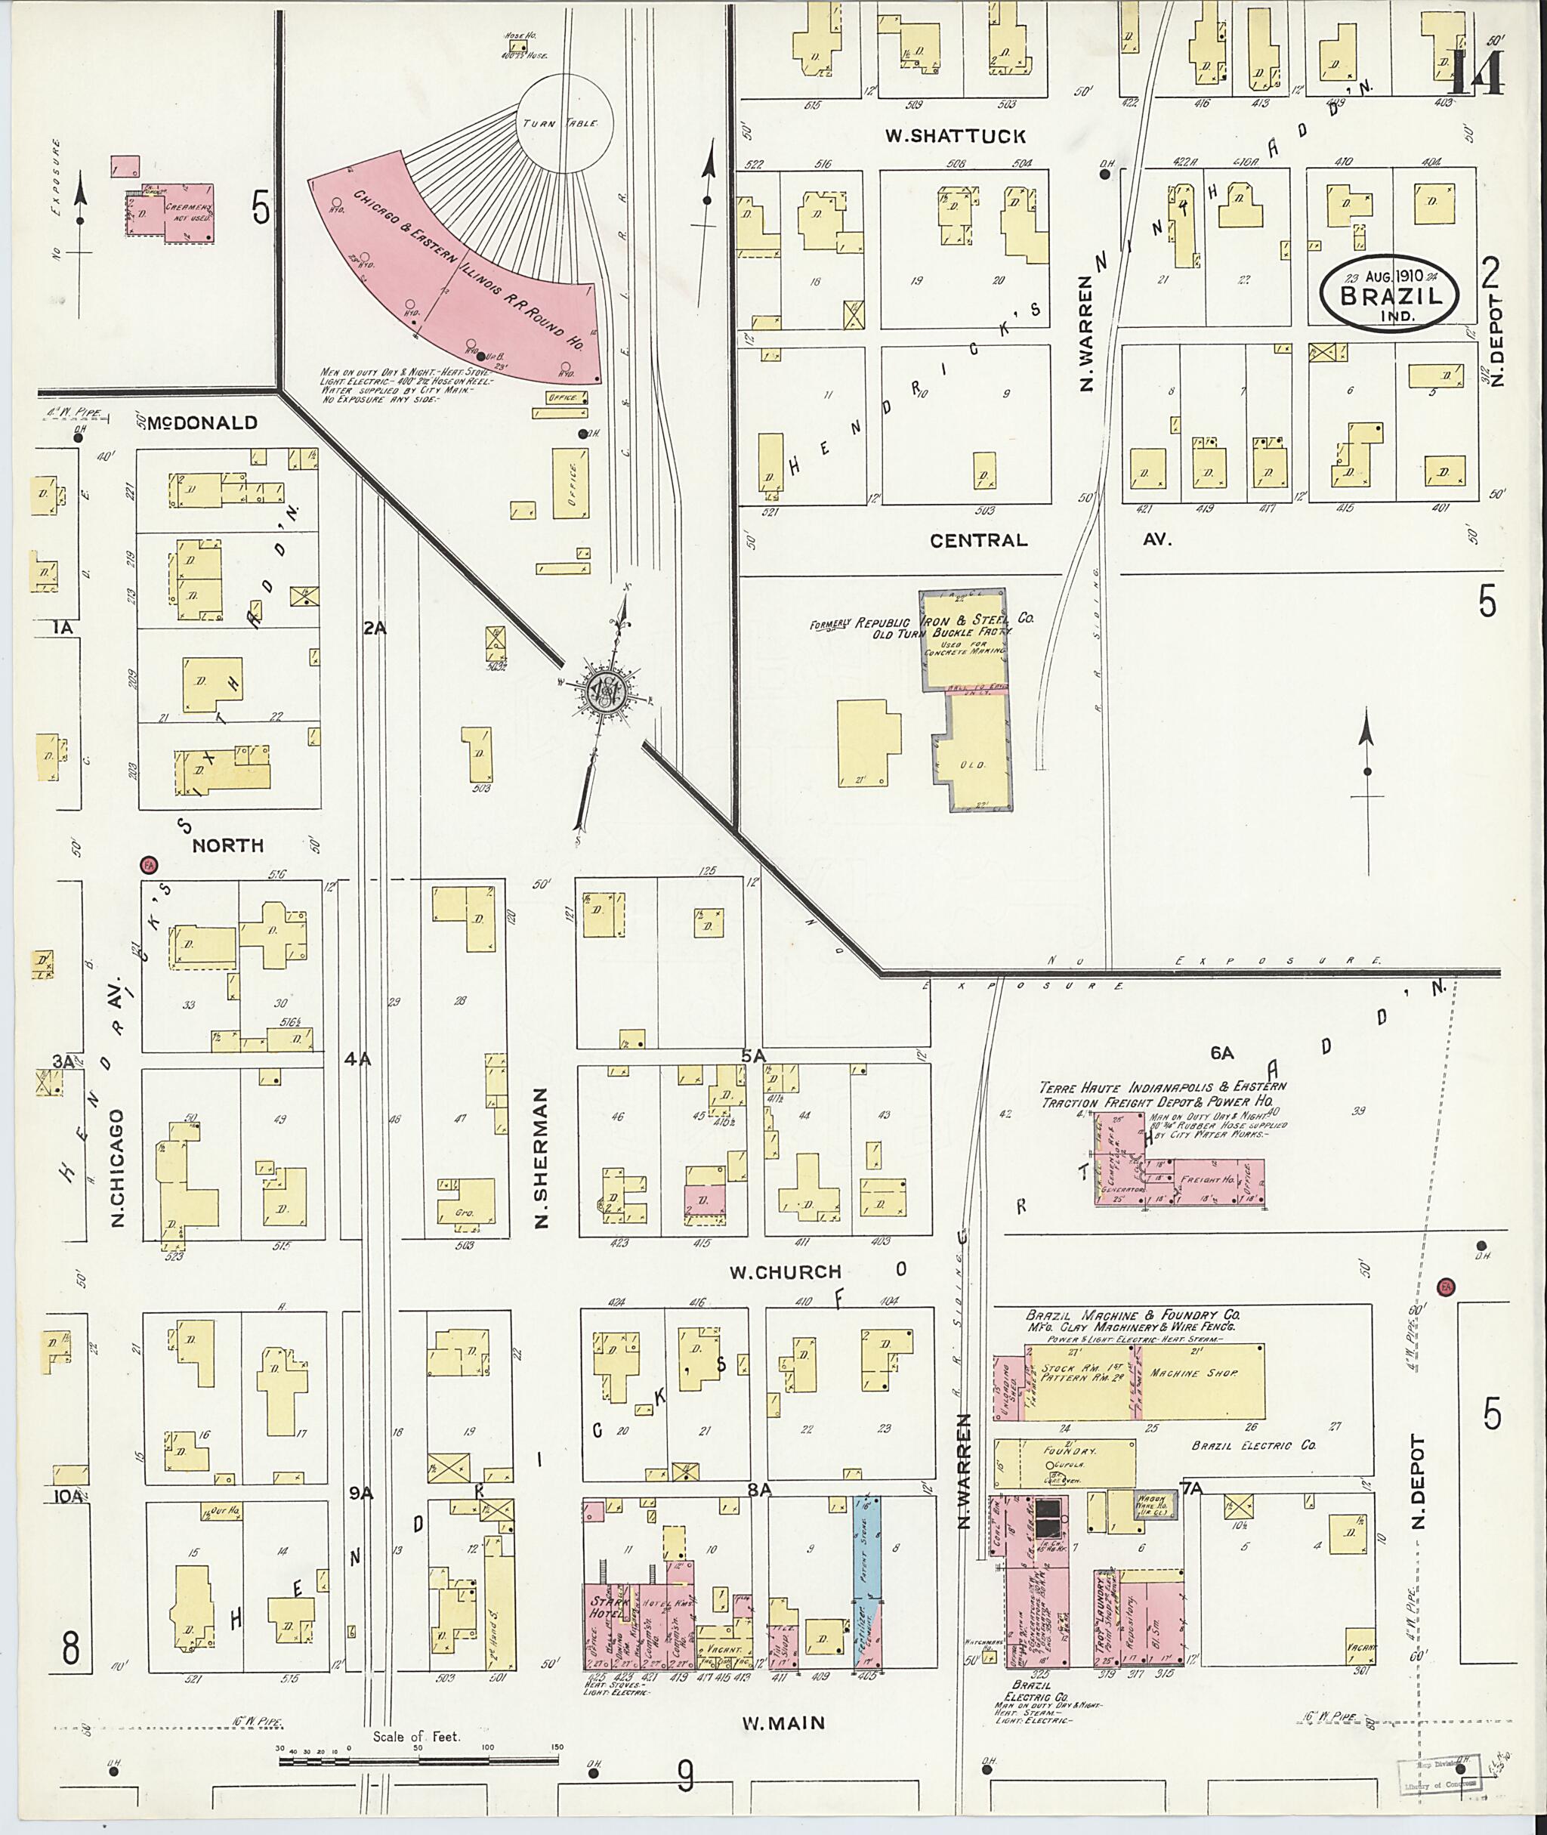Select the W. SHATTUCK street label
(x=955, y=137)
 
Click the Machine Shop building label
(x=1193, y=1373)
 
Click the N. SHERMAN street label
(x=541, y=1158)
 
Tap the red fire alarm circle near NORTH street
(x=148, y=865)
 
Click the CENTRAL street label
(x=979, y=540)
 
